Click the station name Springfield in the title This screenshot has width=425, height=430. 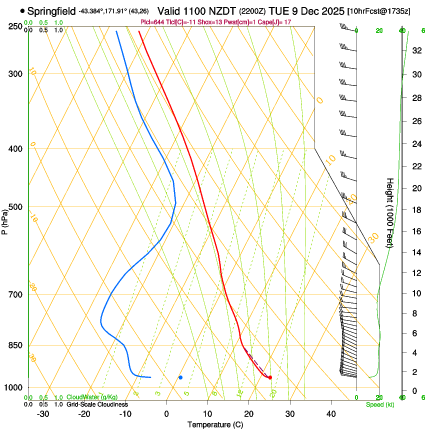coord(52,10)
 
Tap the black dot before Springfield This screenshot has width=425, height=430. coord(22,10)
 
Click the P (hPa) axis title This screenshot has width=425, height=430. coord(5,219)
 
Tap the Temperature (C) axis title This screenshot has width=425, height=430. coord(215,424)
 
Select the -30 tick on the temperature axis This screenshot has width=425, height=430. coord(43,413)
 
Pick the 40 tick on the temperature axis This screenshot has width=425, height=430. coord(331,413)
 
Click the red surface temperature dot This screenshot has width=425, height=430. coord(270,377)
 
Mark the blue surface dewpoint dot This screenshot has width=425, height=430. coord(180,377)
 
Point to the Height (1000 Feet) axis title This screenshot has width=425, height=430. coord(390,212)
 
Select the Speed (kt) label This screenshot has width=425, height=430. coord(379,404)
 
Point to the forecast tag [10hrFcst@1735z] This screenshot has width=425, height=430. coord(378,11)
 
